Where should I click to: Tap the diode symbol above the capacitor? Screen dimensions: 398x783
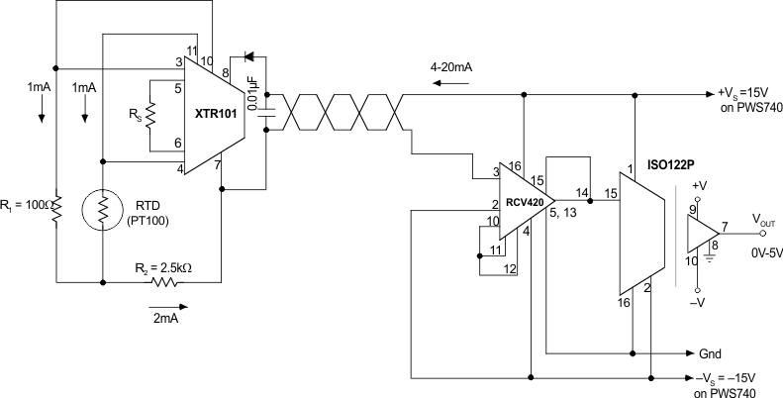(247, 55)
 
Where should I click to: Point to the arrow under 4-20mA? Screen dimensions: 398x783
(451, 84)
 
